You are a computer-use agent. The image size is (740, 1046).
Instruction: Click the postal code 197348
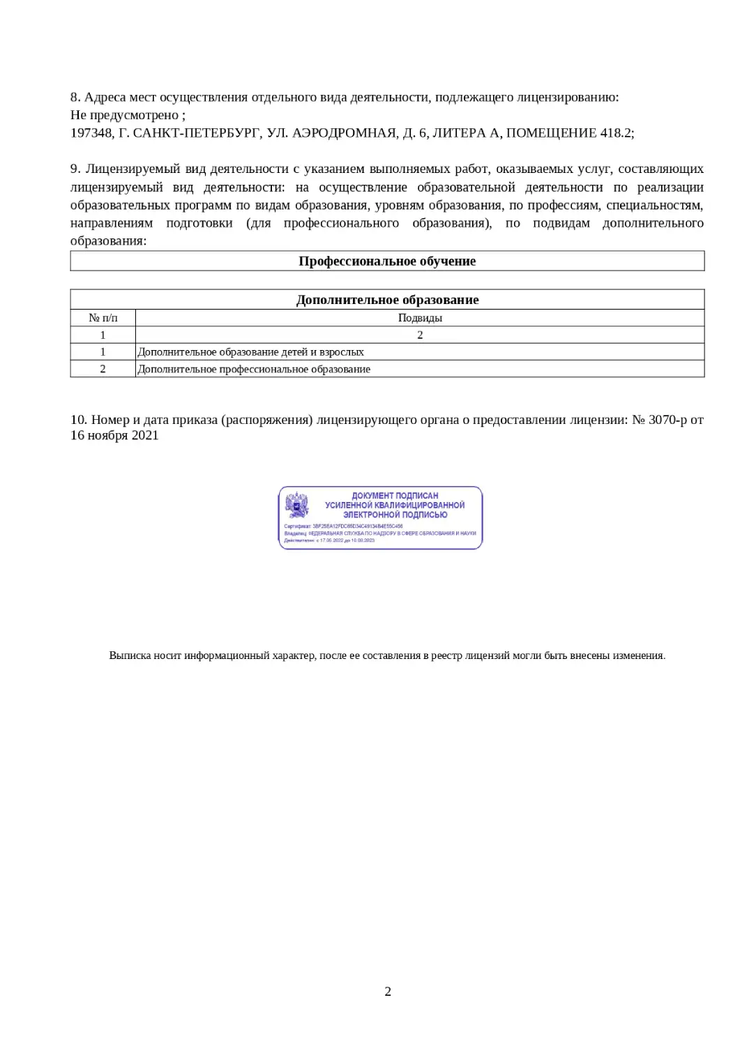click(x=91, y=133)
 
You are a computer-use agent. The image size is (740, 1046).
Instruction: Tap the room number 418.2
click(x=617, y=133)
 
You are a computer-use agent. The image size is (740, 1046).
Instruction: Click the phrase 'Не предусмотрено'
click(x=126, y=115)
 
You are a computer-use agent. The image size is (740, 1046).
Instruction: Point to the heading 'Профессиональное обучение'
click(x=387, y=261)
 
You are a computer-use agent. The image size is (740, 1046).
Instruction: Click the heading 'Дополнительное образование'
click(x=387, y=301)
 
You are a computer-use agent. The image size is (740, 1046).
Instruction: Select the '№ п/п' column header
click(x=103, y=318)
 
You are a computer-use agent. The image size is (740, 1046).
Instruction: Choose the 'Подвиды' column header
click(x=420, y=318)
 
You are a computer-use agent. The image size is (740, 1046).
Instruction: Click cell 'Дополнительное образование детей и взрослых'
click(x=250, y=352)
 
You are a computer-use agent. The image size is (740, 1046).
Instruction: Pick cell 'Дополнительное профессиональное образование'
click(x=254, y=370)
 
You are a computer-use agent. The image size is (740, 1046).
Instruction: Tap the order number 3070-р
click(x=667, y=420)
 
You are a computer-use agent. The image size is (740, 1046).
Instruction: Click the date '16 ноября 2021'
click(x=114, y=436)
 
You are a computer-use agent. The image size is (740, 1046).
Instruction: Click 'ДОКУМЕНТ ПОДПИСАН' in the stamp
click(x=395, y=496)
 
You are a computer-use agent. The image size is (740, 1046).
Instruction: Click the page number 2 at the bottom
click(x=388, y=992)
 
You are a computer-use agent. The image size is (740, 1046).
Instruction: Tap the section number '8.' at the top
click(x=75, y=97)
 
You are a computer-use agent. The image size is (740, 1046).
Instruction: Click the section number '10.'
click(x=78, y=420)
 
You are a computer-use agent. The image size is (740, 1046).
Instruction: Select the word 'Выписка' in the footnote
click(x=130, y=656)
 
